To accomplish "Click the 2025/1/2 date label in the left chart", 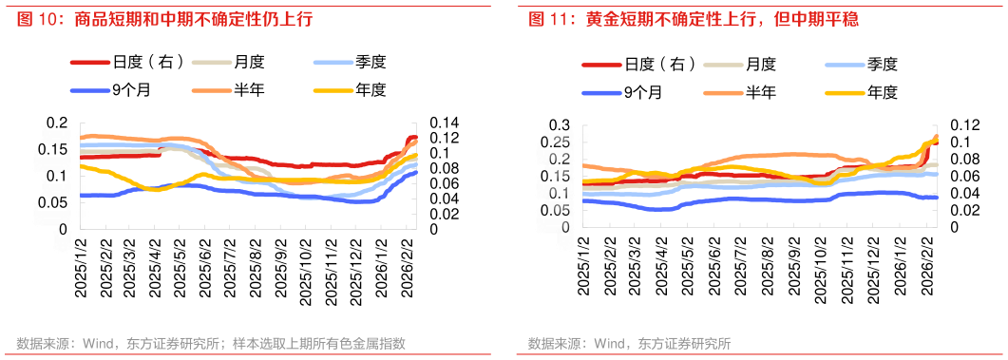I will pyautogui.click(x=82, y=272).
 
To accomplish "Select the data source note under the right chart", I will pyautogui.click(x=629, y=343).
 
